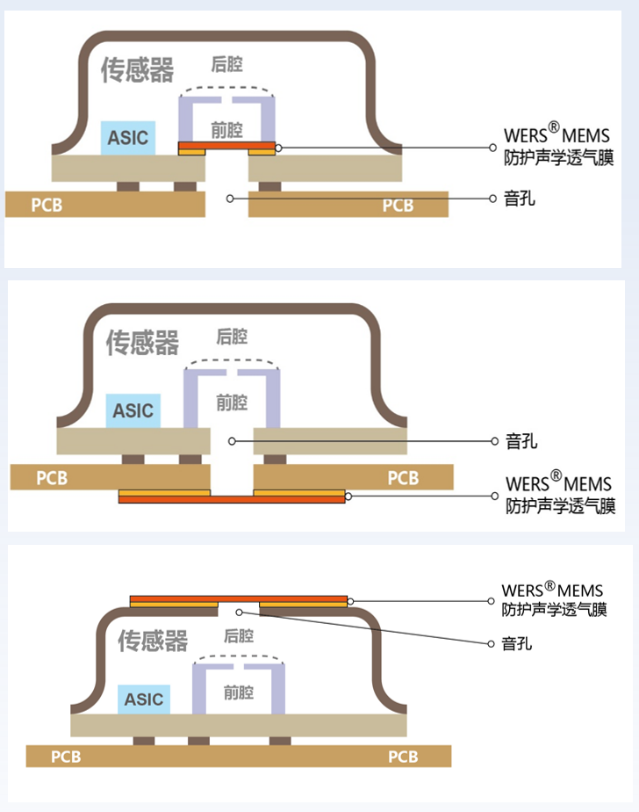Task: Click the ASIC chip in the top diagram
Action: [x=128, y=138]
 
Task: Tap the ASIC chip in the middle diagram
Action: [x=133, y=410]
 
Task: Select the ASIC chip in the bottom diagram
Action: [x=144, y=700]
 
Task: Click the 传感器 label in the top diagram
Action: [x=138, y=70]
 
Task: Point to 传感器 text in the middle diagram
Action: [x=143, y=342]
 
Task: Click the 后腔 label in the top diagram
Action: [x=226, y=64]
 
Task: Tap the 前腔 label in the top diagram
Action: [x=226, y=131]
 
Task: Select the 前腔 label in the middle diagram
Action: [x=232, y=402]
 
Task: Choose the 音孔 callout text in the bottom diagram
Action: [x=517, y=644]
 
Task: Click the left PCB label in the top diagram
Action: [x=47, y=206]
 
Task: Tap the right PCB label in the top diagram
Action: [x=398, y=206]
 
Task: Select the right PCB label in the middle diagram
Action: [x=403, y=478]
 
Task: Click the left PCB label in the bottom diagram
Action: [x=66, y=757]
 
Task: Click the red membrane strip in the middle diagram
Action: [x=232, y=499]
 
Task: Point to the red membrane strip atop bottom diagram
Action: [x=238, y=598]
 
